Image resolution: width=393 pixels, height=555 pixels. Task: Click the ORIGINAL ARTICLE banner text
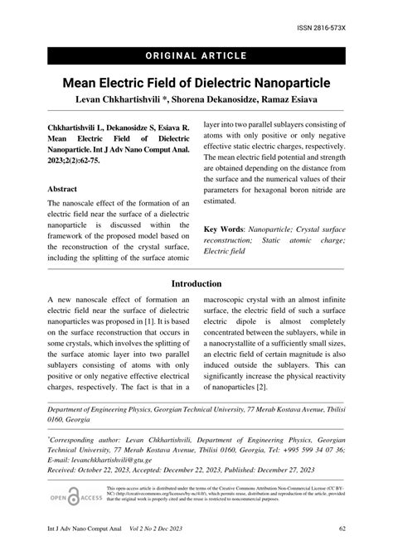[x=196, y=55]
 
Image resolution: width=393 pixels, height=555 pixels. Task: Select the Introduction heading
[x=196, y=283]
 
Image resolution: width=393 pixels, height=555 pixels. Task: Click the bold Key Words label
[x=226, y=227]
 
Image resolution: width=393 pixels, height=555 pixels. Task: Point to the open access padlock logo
[x=75, y=497]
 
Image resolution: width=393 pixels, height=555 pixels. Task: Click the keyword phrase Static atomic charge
[x=298, y=240]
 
